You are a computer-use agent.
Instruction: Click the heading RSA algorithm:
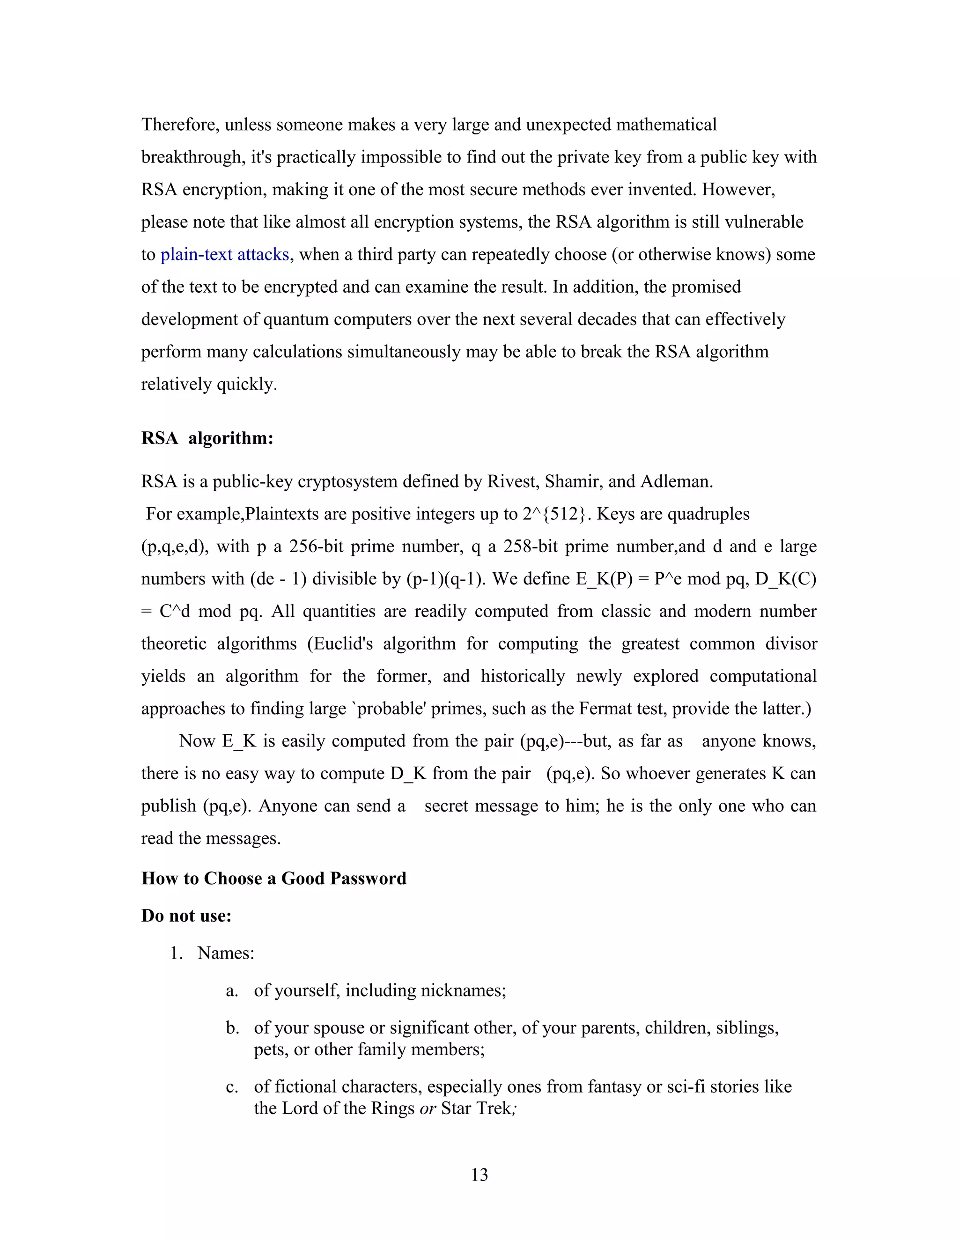click(207, 438)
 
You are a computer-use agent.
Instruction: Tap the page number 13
click(479, 1175)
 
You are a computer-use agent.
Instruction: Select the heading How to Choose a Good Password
click(274, 879)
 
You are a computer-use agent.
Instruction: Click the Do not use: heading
click(186, 916)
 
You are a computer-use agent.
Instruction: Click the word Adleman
click(676, 481)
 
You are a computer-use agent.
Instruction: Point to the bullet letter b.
click(231, 1028)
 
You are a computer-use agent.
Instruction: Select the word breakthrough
click(193, 157)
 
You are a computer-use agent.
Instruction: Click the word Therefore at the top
click(180, 125)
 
